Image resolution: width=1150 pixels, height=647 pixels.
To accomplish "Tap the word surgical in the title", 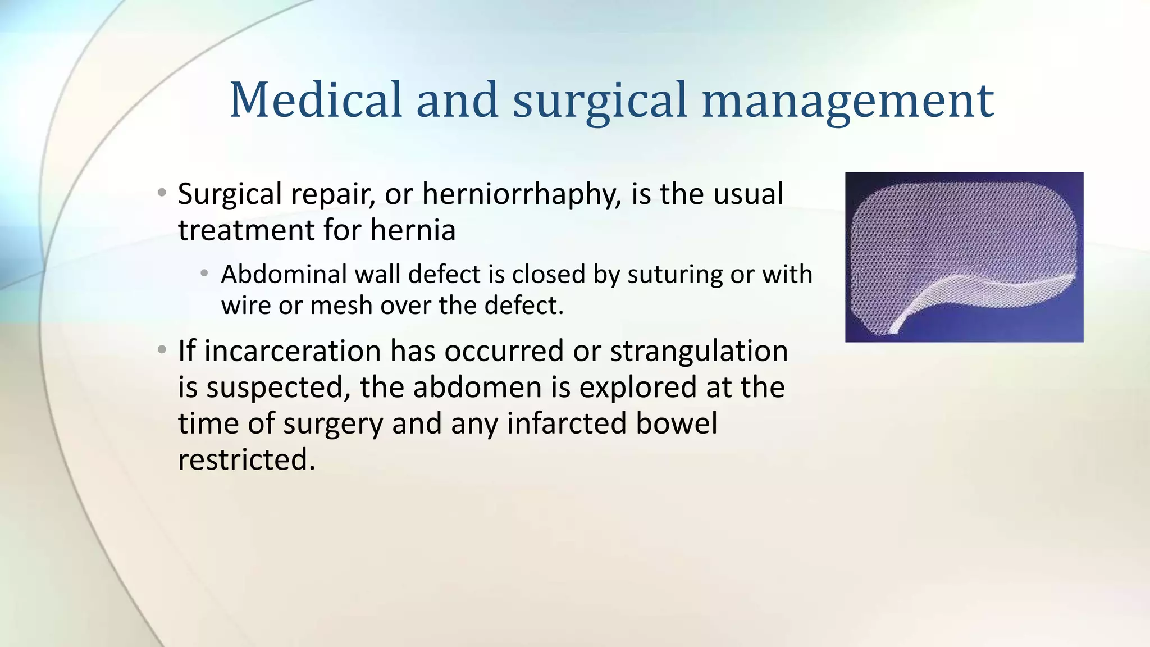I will (599, 101).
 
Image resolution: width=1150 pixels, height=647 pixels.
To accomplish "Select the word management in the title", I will (848, 101).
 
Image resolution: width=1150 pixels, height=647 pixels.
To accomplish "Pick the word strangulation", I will (699, 352).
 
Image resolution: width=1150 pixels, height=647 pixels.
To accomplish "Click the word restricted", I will (246, 459).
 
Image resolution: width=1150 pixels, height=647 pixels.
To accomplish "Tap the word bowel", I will (676, 423).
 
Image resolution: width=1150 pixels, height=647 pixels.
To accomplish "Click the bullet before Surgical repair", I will (162, 193).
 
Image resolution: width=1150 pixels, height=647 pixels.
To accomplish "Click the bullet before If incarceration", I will (162, 350).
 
